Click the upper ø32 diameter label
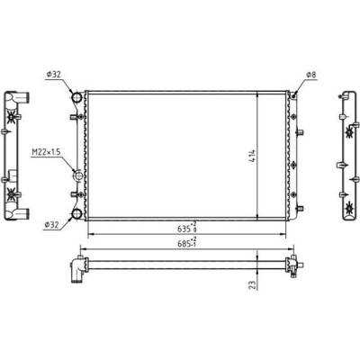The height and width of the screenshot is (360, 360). coord(54,75)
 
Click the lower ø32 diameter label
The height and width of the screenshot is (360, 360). coord(51,225)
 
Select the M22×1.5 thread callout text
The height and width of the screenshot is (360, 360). coord(46,152)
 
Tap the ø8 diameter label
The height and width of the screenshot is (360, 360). coord(311,75)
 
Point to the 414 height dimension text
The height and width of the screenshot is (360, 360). coord(252,156)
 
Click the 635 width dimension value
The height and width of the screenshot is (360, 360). coord(184,229)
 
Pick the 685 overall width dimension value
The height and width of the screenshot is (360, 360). coord(184,244)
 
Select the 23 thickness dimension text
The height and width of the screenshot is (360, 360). coord(254,285)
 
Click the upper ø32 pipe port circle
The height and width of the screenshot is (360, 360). coord(76,97)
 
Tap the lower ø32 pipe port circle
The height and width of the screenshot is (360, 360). coord(76,214)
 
